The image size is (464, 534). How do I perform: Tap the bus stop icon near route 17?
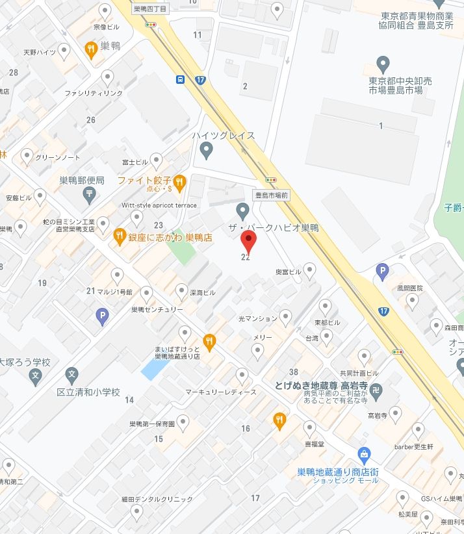[x=180, y=79]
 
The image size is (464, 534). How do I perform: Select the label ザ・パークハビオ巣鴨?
[x=273, y=227]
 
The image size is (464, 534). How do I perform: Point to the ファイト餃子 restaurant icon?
[x=180, y=181]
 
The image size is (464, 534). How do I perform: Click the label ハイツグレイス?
[x=223, y=136]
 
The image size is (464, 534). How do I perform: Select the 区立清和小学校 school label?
[x=88, y=392]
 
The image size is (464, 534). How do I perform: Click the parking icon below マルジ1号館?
[x=101, y=316]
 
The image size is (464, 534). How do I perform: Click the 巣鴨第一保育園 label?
[x=151, y=424]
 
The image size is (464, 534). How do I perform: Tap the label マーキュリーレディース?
[x=221, y=392]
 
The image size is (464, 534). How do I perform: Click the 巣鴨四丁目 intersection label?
[x=149, y=9]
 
